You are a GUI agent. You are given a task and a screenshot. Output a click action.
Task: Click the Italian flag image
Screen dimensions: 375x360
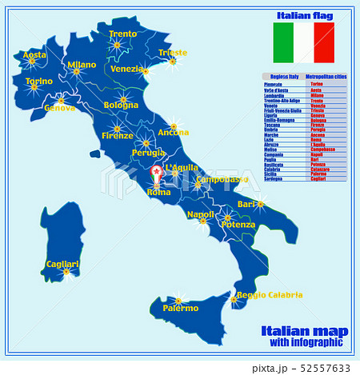click(x=304, y=43)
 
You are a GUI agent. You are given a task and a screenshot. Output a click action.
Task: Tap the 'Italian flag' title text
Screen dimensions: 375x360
click(x=304, y=15)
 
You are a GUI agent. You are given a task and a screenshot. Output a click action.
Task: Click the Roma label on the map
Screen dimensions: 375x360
click(x=159, y=193)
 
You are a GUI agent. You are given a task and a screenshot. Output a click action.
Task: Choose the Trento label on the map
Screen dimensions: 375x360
click(x=122, y=34)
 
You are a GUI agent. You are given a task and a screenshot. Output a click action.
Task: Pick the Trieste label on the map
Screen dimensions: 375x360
click(x=173, y=53)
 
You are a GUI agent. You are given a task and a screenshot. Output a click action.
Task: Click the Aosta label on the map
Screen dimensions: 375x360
click(x=34, y=55)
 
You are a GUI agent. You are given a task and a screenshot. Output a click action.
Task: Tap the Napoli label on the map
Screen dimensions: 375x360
click(x=200, y=214)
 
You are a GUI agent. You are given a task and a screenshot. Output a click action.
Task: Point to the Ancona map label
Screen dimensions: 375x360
click(x=174, y=132)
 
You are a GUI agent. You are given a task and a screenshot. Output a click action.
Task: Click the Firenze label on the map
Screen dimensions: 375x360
click(x=118, y=136)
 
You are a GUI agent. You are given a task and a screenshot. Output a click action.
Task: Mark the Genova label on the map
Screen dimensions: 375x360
click(x=61, y=108)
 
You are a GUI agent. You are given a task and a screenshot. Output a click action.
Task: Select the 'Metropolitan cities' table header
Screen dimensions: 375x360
click(x=326, y=77)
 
